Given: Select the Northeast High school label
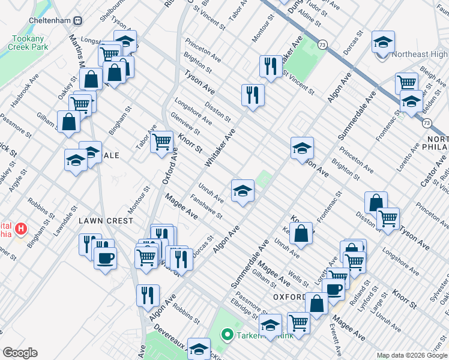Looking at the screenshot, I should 420,54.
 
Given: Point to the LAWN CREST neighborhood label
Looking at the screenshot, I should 106,221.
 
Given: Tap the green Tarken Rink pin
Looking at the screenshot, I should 228,334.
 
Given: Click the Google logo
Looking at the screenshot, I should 20,353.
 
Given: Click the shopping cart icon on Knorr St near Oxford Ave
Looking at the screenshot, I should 161,142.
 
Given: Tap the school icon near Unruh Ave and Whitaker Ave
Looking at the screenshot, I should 243,191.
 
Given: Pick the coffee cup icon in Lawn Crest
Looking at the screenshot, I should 106,258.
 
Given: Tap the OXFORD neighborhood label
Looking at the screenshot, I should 289,297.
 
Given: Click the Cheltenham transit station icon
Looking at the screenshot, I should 77,20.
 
